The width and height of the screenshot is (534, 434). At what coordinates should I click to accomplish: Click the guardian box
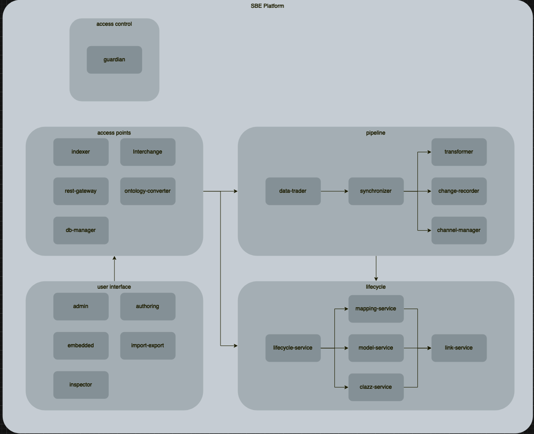(114, 59)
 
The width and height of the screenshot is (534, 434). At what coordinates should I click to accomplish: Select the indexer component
(81, 152)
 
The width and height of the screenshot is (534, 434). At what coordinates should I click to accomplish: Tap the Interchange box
(148, 152)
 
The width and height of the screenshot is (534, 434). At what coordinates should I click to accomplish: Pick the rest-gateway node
(81, 191)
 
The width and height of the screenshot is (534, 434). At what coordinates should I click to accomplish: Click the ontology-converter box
(148, 191)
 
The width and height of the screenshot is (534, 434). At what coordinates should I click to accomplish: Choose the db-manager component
(81, 230)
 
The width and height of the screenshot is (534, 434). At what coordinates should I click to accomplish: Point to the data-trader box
(293, 191)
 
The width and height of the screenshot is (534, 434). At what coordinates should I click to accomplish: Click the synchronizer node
(376, 191)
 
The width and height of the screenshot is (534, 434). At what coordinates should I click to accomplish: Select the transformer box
(459, 152)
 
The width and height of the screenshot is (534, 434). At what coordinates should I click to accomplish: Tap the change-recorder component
(459, 191)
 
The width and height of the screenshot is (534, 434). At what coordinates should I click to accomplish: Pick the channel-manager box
(459, 230)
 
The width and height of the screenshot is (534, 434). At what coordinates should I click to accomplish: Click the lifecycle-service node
(293, 348)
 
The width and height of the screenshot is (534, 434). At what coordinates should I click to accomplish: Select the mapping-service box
(376, 309)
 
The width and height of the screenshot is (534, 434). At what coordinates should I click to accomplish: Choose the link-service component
(459, 348)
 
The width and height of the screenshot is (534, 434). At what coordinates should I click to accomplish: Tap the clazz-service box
(376, 387)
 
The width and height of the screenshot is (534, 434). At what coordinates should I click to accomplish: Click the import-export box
(148, 345)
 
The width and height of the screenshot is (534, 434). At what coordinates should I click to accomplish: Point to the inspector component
(81, 385)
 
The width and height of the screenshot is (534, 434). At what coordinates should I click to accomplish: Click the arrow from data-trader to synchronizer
(334, 191)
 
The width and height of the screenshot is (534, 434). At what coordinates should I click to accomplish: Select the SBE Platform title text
(267, 6)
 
